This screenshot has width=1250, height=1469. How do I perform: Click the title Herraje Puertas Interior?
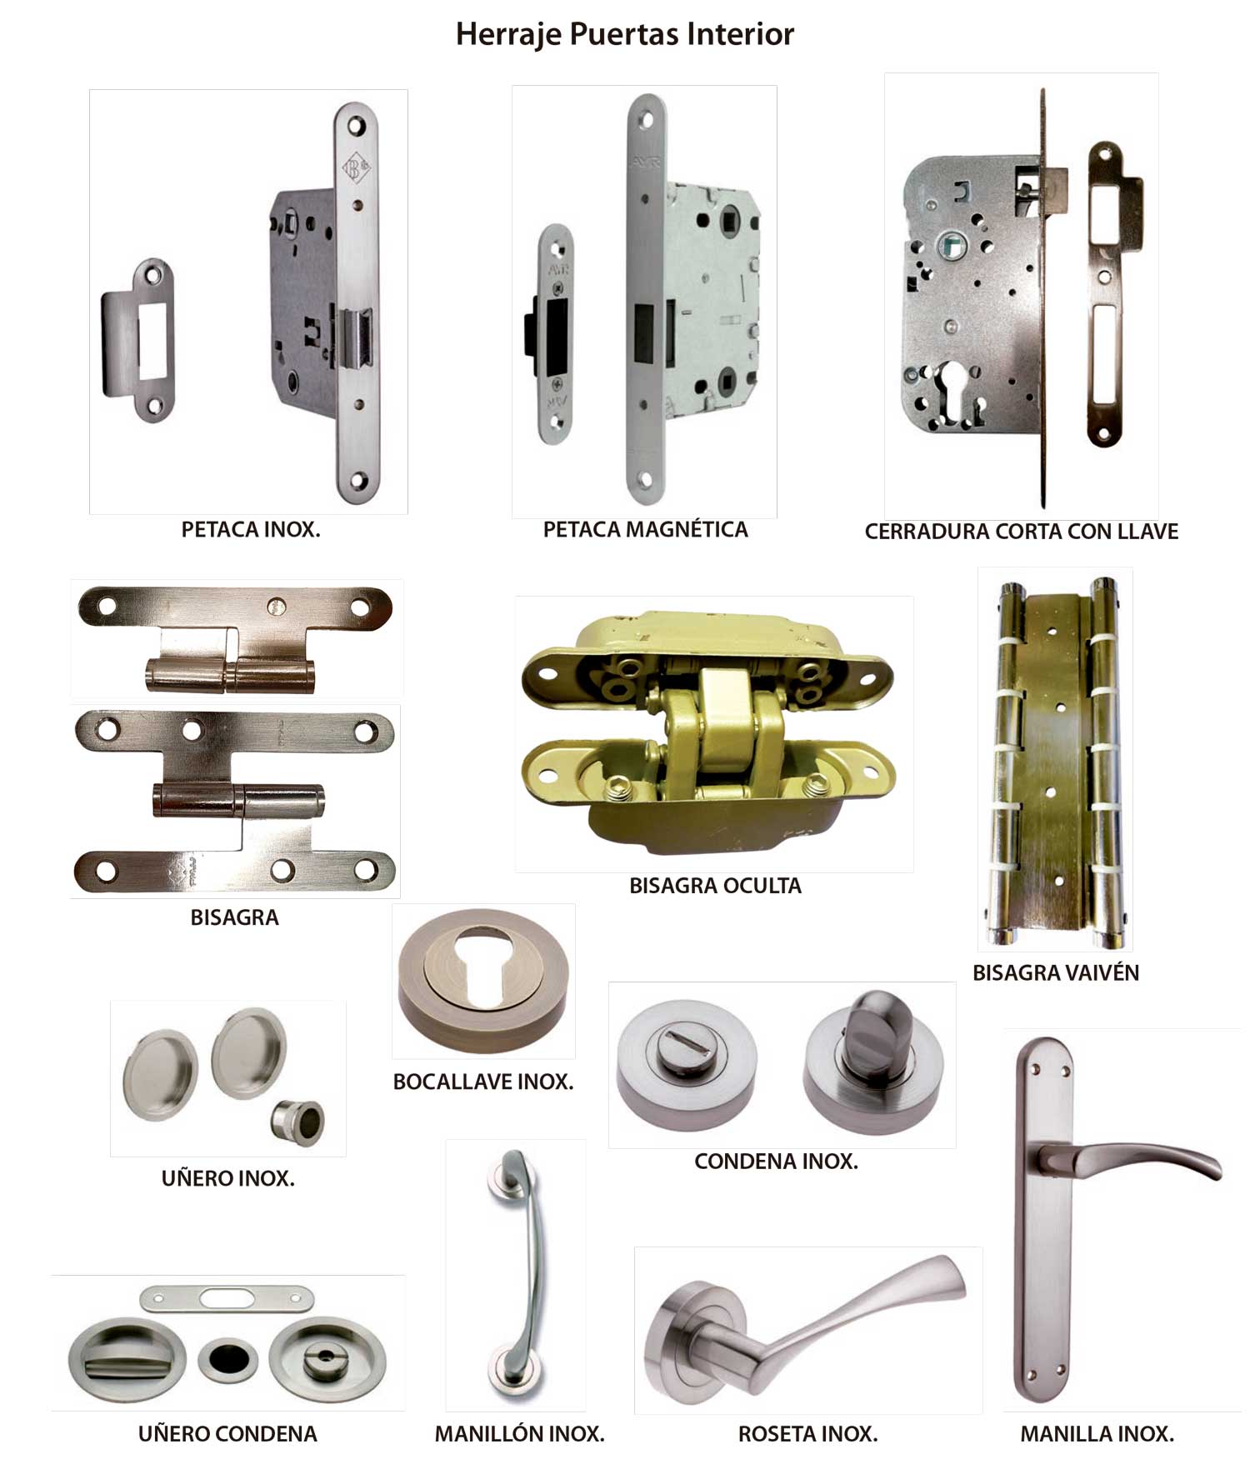click(625, 35)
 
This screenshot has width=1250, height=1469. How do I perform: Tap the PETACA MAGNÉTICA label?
click(645, 530)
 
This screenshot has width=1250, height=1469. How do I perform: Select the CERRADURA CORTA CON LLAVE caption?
click(1022, 532)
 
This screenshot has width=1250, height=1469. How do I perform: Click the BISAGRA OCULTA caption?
click(715, 886)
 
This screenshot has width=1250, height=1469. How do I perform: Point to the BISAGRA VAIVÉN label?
click(1056, 972)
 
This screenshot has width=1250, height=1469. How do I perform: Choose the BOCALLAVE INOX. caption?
click(483, 1082)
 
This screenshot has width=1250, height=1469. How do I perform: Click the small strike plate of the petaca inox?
click(138, 340)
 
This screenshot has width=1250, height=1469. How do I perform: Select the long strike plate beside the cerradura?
click(1113, 293)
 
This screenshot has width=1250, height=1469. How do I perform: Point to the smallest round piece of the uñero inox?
click(297, 1122)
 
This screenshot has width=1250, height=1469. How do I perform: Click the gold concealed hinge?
click(708, 733)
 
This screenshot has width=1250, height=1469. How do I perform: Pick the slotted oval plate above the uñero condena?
click(227, 1297)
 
